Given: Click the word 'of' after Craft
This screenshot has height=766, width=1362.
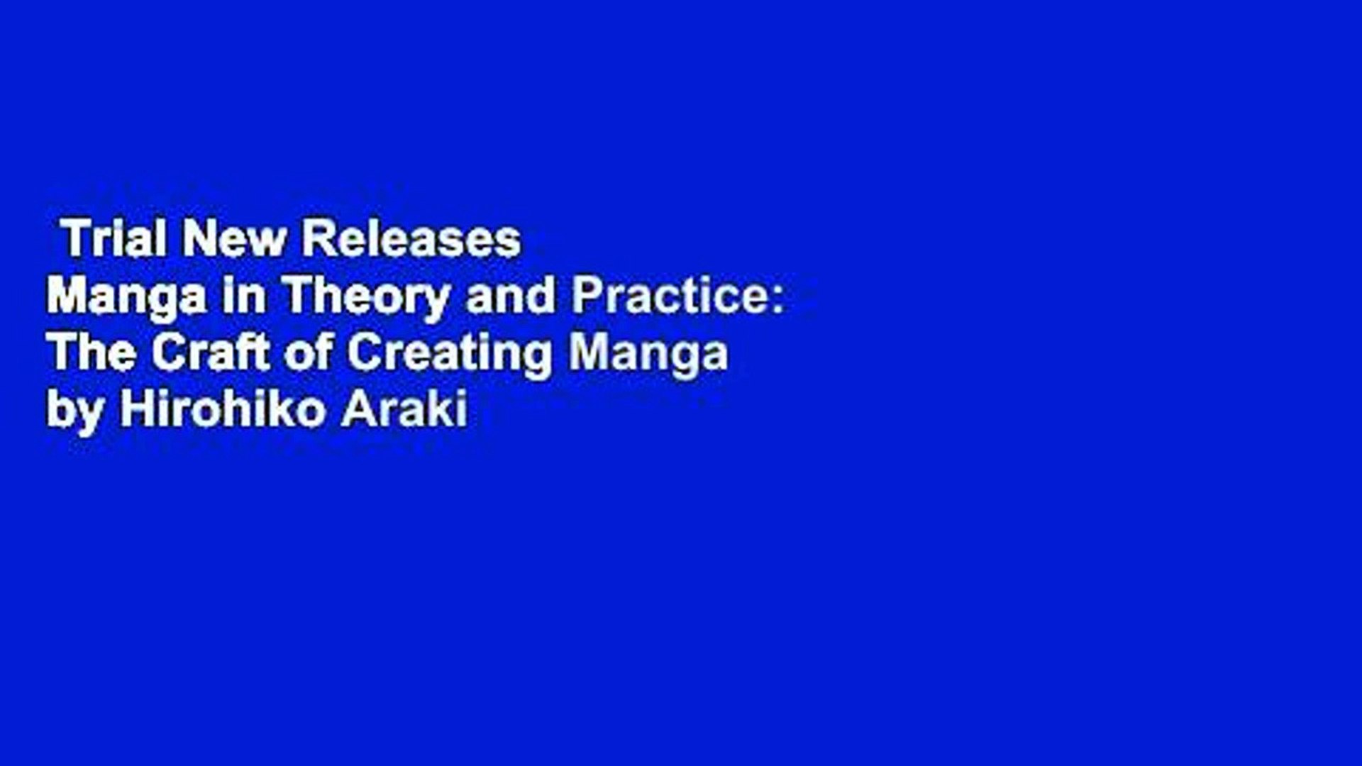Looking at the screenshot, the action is (308, 352).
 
